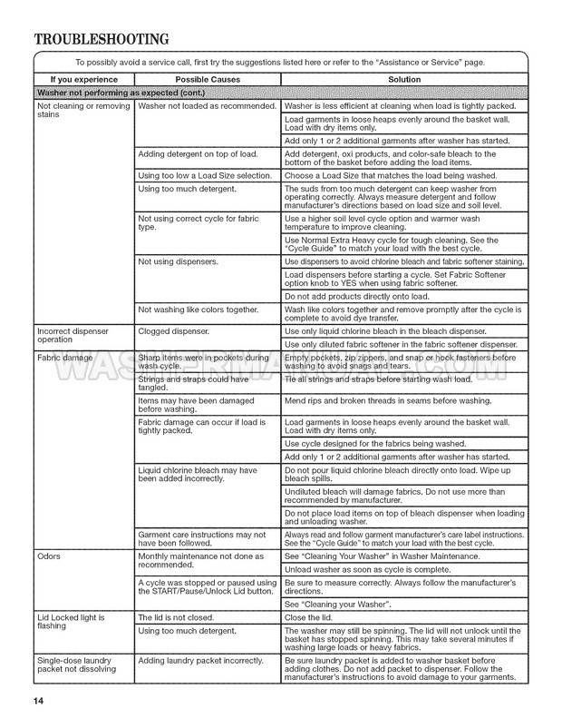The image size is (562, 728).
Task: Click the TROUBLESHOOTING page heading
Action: coord(102,39)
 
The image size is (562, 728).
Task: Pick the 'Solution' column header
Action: coord(403,80)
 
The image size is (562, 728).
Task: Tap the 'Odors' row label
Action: coord(49,556)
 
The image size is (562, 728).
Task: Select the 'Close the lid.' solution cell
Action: coord(309,617)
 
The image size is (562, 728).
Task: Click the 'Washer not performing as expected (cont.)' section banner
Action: coord(121,93)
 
